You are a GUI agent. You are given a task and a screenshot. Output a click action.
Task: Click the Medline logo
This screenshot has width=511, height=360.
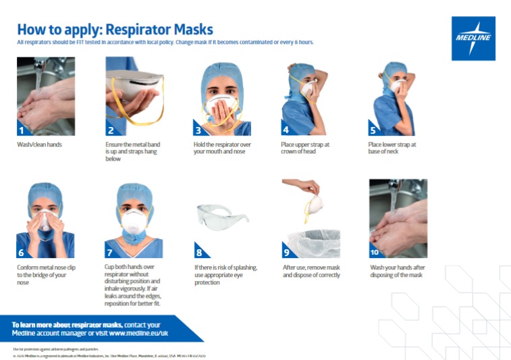(473, 38)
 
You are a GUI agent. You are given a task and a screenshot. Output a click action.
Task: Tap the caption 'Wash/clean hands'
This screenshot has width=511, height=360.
(39, 145)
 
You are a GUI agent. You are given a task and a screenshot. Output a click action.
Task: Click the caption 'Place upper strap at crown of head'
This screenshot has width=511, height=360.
(305, 148)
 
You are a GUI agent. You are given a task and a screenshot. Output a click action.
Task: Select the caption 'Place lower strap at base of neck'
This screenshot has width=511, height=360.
(392, 148)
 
